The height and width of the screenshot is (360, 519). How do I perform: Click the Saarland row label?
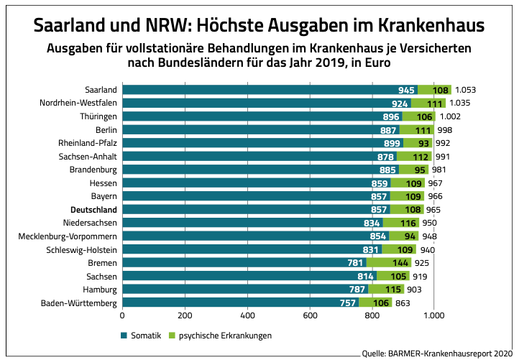point(101,90)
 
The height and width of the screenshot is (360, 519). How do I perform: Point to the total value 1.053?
point(466,90)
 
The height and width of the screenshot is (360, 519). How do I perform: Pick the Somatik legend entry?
point(141,335)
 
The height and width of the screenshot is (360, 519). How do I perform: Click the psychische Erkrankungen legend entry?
point(220,335)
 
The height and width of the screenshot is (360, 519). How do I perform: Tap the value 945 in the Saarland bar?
point(407,90)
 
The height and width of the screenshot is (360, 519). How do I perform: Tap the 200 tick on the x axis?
point(185,315)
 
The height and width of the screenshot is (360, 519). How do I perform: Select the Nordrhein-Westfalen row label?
point(78,103)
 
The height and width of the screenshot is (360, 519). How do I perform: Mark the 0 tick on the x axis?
point(123,315)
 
